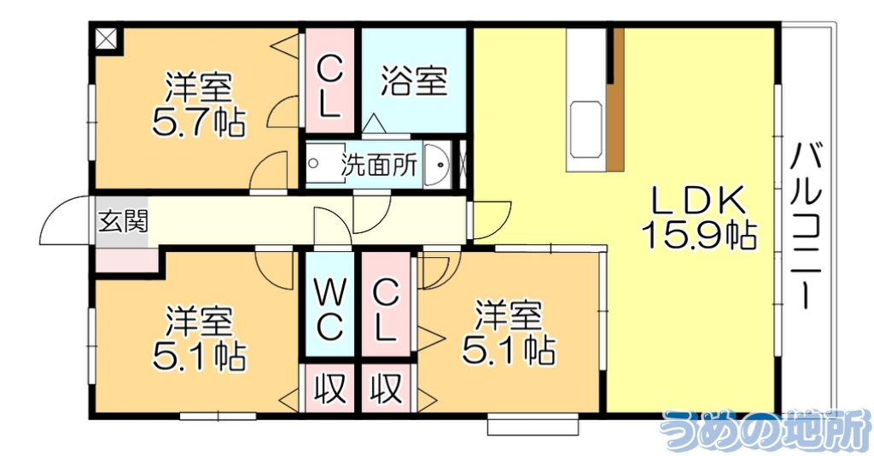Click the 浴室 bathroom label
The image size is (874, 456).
[414, 81]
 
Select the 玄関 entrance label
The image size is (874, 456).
[121, 222]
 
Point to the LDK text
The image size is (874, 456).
[699, 202]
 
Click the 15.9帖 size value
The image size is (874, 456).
[699, 235]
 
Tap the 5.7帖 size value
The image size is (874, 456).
[199, 122]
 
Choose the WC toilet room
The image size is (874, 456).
[329, 309]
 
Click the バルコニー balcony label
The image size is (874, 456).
[806, 226]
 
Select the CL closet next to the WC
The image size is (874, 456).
[386, 309]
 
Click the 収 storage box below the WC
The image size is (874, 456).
[329, 389]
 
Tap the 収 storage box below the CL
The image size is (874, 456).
[386, 389]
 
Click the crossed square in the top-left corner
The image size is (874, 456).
[108, 39]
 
